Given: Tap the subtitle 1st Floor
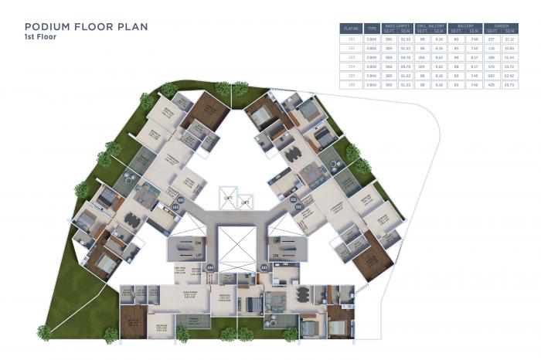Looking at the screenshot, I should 41,37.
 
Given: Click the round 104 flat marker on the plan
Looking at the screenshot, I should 209,267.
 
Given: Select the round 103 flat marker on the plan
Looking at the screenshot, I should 264,267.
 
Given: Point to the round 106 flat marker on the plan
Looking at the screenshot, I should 181,199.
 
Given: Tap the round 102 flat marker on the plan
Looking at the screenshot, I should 298,207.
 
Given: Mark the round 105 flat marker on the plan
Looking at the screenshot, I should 176,207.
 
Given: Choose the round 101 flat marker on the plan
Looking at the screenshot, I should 293,199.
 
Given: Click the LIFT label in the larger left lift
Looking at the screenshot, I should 228,197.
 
